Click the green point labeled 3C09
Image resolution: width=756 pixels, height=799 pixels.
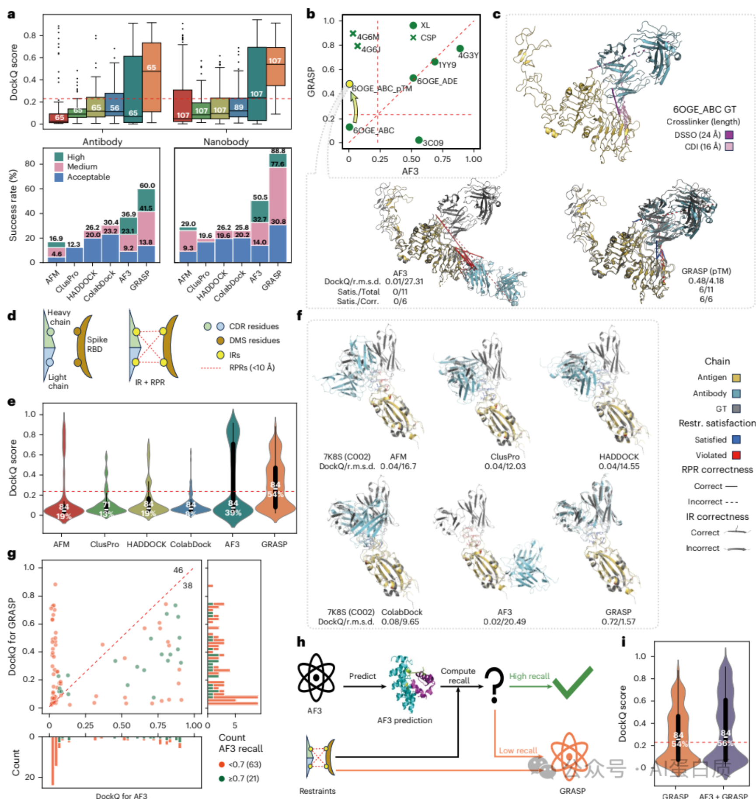419,140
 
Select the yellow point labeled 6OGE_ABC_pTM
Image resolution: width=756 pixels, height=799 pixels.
349,84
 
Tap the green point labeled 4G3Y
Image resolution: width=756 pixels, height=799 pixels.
460,49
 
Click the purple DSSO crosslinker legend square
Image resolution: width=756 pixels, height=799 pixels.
729,135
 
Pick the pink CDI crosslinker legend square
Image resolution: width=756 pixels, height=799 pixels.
729,146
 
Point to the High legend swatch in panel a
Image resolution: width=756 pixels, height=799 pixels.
59,156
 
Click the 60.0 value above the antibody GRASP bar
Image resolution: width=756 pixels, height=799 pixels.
147,185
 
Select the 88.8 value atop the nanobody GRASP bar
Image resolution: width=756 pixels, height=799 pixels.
278,151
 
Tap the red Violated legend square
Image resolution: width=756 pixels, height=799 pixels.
736,455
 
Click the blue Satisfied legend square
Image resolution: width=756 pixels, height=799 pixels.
736,439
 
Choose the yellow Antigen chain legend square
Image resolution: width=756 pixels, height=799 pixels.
736,378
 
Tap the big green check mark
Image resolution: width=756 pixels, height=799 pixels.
572,682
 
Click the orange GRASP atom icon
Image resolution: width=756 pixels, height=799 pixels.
569,757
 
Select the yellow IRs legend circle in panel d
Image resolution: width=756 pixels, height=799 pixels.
220,355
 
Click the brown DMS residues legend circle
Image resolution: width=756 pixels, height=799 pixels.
220,340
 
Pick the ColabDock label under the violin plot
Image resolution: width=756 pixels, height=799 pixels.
191,544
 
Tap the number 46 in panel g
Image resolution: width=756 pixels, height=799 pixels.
178,570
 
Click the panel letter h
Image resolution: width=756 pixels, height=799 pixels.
301,642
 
